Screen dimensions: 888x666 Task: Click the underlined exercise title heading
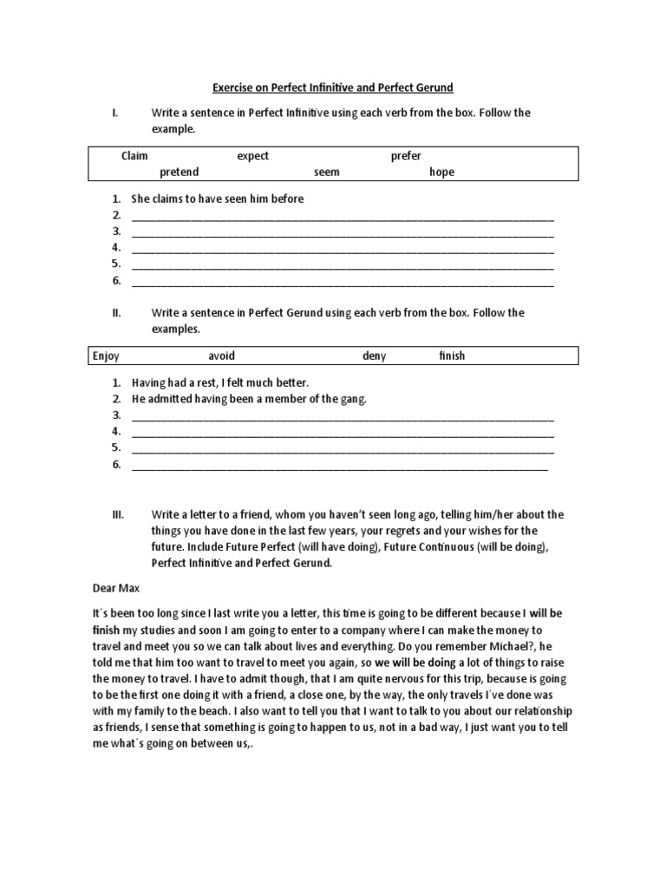[x=333, y=88]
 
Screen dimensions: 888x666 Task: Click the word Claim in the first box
[x=134, y=156]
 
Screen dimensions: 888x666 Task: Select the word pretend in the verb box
[x=179, y=172]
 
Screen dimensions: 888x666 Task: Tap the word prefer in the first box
[x=406, y=156]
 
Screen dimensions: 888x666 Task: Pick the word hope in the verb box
[x=441, y=172]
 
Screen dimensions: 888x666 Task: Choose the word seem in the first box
[x=327, y=172]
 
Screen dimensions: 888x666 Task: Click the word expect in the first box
[x=253, y=156]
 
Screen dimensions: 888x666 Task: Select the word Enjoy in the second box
[x=106, y=356]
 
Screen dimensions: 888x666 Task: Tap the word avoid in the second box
[x=221, y=356]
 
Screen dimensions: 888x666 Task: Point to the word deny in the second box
[x=375, y=356]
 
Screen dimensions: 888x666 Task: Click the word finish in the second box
[x=452, y=356]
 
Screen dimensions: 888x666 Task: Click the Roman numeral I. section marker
[x=114, y=113]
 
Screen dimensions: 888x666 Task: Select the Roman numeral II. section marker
[x=116, y=312]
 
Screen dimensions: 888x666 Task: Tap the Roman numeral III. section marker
[x=118, y=514]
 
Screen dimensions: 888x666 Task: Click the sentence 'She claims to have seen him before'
[x=218, y=199]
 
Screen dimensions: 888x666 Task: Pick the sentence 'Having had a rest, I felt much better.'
[x=220, y=382]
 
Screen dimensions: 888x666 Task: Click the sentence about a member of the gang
[x=250, y=398]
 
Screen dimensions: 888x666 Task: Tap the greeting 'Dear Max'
[x=115, y=587]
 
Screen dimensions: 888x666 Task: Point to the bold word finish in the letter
[x=107, y=629]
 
